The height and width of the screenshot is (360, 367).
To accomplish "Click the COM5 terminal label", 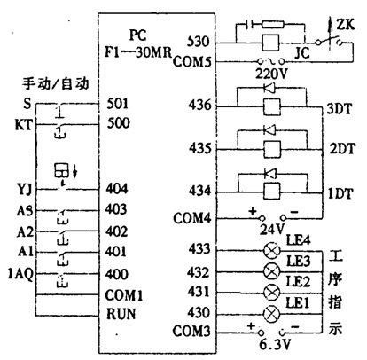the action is (x=192, y=61).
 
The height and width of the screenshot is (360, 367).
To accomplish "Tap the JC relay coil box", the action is (x=270, y=43).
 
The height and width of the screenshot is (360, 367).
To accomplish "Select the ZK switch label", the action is (x=346, y=25).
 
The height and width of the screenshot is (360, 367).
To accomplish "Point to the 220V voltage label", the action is (x=271, y=74).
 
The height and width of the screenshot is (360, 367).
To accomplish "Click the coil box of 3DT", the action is (x=271, y=106).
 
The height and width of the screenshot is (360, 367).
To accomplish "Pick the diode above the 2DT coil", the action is (x=269, y=129).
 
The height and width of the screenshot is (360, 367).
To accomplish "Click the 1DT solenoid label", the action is (x=340, y=194).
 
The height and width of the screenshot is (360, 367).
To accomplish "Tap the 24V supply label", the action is (x=272, y=229).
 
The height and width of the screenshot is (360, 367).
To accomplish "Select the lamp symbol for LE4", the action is (x=271, y=251).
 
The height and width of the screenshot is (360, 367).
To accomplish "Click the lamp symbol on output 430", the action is (x=271, y=314).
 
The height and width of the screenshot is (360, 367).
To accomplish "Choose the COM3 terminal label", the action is (x=191, y=331).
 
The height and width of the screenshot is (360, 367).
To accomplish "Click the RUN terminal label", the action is (x=121, y=314).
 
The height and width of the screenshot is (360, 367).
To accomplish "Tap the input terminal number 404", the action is (x=117, y=188).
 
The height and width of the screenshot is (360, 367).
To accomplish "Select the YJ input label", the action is (x=25, y=190).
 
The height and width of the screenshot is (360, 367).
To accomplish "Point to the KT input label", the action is (x=23, y=125).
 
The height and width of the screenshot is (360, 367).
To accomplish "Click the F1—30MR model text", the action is (x=138, y=52).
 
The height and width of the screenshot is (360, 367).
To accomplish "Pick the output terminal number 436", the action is (x=200, y=105).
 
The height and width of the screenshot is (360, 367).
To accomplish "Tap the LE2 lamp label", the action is (x=298, y=282).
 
